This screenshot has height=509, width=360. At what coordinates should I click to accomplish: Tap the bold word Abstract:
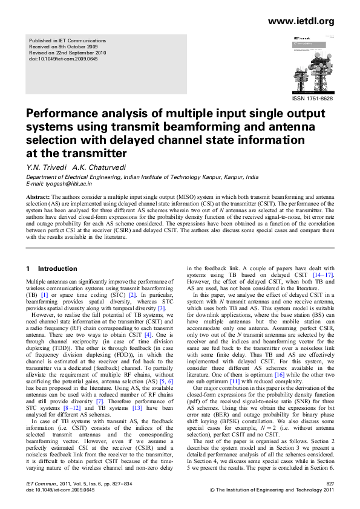[x=38, y=198]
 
